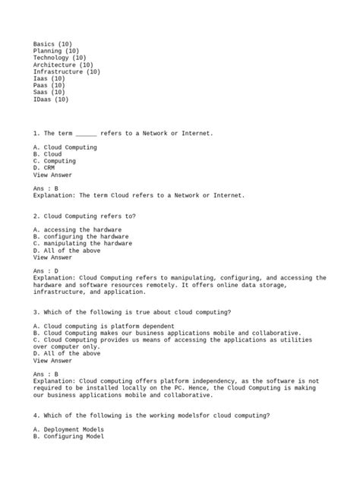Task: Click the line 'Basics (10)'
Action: point(52,44)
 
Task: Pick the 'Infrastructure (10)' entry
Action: point(67,72)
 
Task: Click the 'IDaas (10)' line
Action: point(51,99)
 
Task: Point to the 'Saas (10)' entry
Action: point(49,93)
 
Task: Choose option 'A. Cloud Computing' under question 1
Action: point(65,147)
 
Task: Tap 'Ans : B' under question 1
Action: point(46,188)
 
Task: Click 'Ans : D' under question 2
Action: point(46,270)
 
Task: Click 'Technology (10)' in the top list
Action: point(60,58)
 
